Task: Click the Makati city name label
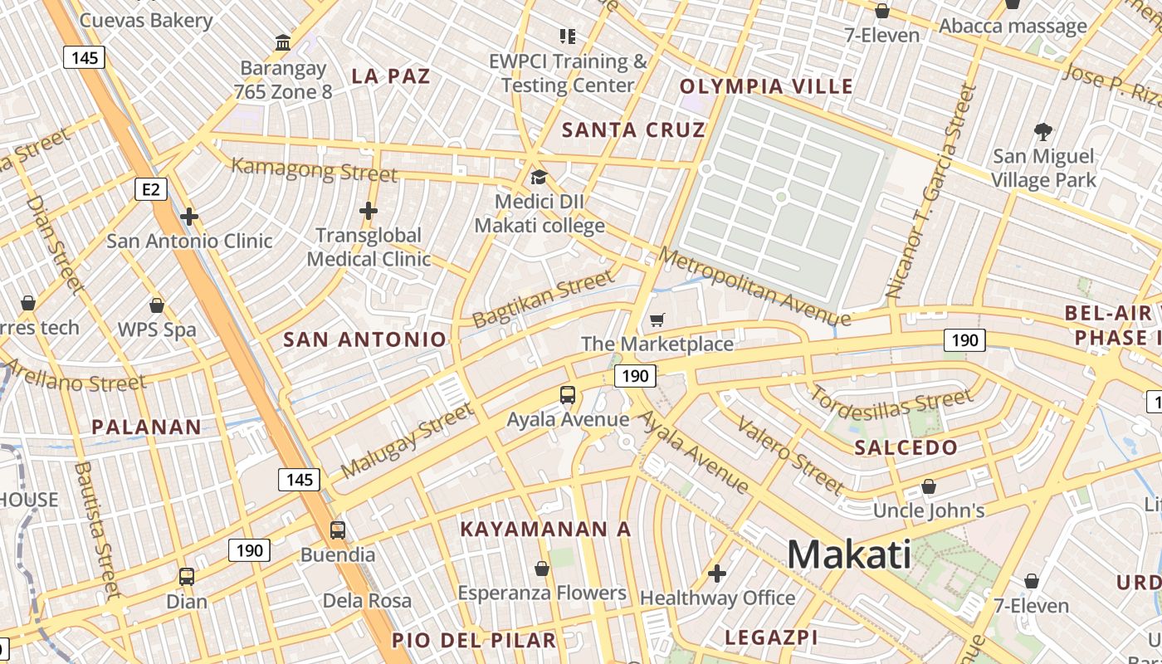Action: [x=848, y=554]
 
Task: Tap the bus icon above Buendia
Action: [x=338, y=530]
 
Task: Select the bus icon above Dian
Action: [x=187, y=576]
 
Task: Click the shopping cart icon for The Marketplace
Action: [x=657, y=320]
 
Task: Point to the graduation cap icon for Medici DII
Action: [x=539, y=177]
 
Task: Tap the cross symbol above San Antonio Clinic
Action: [x=189, y=217]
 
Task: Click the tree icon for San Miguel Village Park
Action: [x=1043, y=131]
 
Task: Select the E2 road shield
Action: [x=150, y=190]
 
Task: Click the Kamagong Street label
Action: [x=314, y=169]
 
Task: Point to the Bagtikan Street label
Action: [x=544, y=300]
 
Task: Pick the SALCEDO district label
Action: [x=906, y=447]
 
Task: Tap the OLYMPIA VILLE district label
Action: [x=766, y=86]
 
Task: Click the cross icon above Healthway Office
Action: [x=717, y=574]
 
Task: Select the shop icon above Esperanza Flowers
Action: [x=542, y=569]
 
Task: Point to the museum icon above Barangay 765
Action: [x=283, y=42]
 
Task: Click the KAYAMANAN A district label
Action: [x=545, y=530]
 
